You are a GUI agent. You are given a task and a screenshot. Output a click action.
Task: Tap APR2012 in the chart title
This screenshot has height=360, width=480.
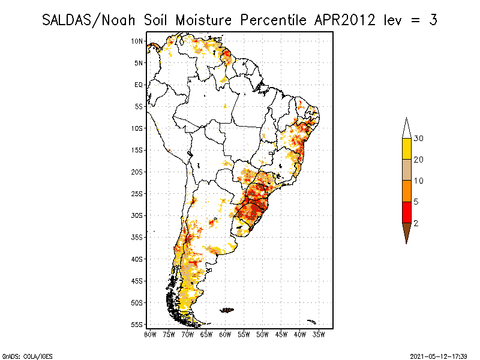pyautogui.click(x=342, y=20)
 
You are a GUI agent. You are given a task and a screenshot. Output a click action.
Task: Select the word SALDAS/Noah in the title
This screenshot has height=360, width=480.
pyautogui.click(x=93, y=20)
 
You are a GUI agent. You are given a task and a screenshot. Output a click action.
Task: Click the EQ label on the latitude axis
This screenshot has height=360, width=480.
pyautogui.click(x=138, y=85)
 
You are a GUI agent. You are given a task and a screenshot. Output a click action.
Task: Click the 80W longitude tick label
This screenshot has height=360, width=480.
pyautogui.click(x=150, y=334)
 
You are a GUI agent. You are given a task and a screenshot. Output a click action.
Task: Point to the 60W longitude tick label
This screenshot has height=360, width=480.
pyautogui.click(x=225, y=334)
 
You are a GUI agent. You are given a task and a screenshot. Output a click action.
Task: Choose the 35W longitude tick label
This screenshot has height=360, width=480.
pyautogui.click(x=319, y=334)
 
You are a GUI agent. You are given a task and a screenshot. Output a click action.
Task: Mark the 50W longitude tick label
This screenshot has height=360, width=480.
pyautogui.click(x=262, y=334)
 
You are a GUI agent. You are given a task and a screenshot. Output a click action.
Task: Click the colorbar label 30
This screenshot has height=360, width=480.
pyautogui.click(x=419, y=139)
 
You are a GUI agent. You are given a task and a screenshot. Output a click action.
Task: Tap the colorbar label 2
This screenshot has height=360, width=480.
pyautogui.click(x=416, y=223)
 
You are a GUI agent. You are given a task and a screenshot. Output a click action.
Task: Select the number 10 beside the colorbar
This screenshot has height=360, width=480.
pyautogui.click(x=419, y=181)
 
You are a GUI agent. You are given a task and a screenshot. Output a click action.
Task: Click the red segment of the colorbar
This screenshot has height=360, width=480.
pyautogui.click(x=406, y=212)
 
